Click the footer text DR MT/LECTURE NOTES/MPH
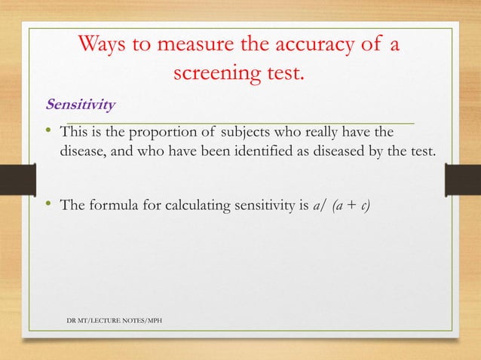(x=114, y=322)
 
